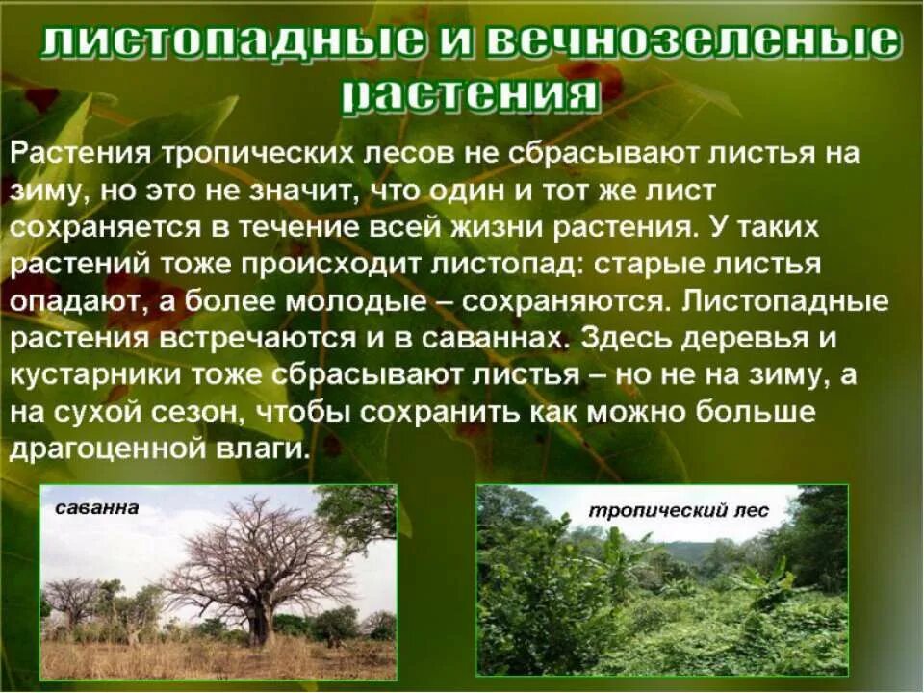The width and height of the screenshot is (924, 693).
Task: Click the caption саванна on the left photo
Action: pyautogui.click(x=96, y=507)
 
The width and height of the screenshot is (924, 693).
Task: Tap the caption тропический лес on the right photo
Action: pyautogui.click(x=679, y=511)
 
